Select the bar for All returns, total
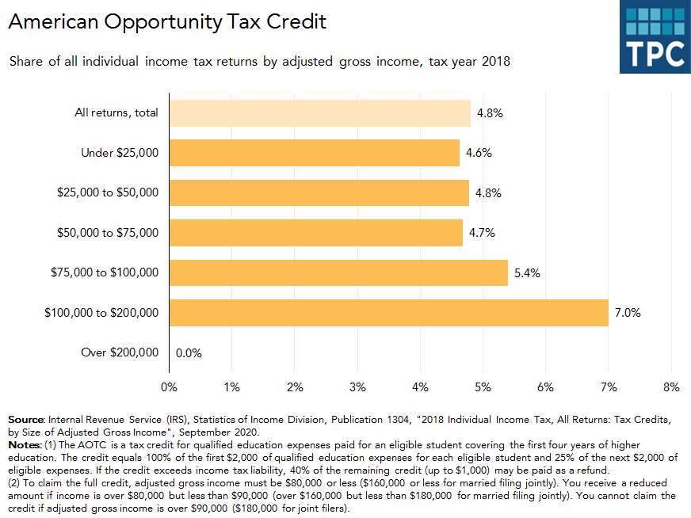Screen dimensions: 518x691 [x=319, y=112]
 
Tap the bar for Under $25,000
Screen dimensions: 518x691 [x=314, y=153]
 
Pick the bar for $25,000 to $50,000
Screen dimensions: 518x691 [x=319, y=192]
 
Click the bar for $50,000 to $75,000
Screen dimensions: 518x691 [x=315, y=233]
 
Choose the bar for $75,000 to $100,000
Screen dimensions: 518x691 [x=338, y=272]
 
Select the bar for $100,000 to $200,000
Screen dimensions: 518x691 [x=388, y=313]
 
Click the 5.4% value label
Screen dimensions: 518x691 [x=527, y=272]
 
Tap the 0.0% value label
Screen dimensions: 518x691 [x=189, y=353]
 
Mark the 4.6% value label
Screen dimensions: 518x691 [x=479, y=153]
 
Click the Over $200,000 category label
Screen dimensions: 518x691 [x=120, y=352]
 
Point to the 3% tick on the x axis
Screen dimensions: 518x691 [x=357, y=387]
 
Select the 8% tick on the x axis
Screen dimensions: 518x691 [x=671, y=387]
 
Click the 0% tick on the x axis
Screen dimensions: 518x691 [x=169, y=387]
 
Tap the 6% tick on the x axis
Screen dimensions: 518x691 [x=545, y=387]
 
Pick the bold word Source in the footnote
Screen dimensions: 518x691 [x=26, y=418]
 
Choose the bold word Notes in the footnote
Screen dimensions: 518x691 [x=25, y=445]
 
